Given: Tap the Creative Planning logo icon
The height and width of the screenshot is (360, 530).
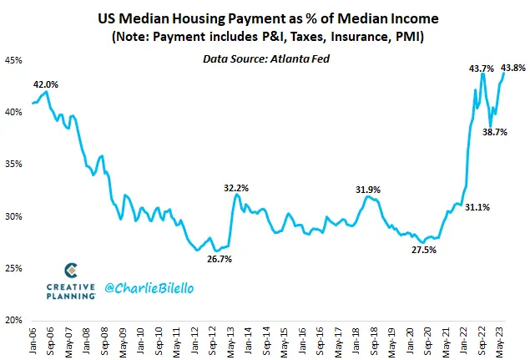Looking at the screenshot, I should click(x=72, y=271).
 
